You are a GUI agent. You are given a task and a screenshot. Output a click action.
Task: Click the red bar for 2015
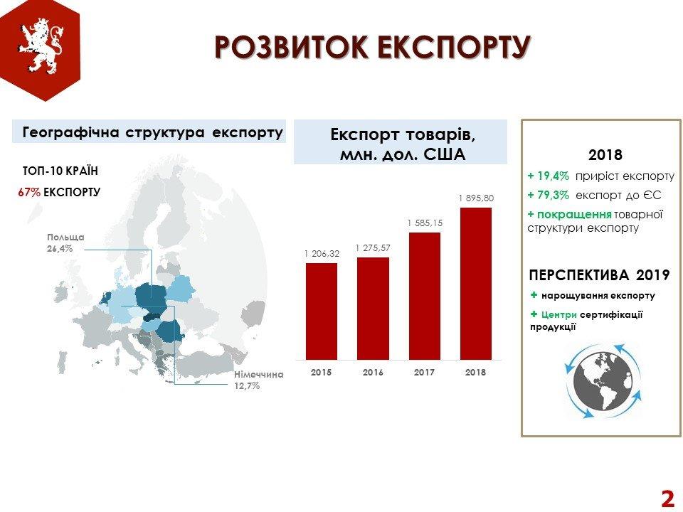tap(322, 311)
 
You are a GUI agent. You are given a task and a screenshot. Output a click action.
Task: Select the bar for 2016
tap(373, 309)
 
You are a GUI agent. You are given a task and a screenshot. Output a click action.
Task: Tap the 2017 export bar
tap(424, 296)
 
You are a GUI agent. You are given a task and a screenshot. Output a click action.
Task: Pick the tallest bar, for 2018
tap(476, 284)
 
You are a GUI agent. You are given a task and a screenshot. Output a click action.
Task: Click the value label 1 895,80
tap(476, 198)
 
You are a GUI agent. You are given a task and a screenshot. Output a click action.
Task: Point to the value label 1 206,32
tap(322, 253)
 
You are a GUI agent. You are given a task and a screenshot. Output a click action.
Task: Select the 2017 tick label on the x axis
tap(424, 372)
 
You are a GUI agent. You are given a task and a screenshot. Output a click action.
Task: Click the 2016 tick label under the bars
tap(373, 372)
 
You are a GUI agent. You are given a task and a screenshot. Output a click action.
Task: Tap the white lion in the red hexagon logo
tap(41, 45)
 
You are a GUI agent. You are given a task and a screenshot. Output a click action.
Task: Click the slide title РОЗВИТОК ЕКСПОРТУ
tap(372, 47)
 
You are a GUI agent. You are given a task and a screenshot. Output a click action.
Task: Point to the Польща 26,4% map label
tap(65, 243)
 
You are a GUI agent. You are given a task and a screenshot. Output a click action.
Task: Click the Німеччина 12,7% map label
tap(259, 380)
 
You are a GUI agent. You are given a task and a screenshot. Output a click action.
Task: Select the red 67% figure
tap(29, 193)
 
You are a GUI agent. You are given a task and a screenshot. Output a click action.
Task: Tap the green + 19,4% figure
tap(548, 176)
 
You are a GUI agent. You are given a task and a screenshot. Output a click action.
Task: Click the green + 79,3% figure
tap(548, 195)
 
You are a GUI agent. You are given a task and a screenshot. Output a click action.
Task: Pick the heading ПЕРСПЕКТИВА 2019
tap(599, 275)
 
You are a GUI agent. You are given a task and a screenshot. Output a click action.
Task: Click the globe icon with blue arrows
tap(603, 381)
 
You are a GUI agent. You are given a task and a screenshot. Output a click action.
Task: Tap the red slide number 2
tap(667, 498)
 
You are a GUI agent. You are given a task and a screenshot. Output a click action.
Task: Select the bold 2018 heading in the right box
tap(605, 155)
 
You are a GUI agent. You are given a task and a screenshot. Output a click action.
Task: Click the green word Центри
tap(559, 314)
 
